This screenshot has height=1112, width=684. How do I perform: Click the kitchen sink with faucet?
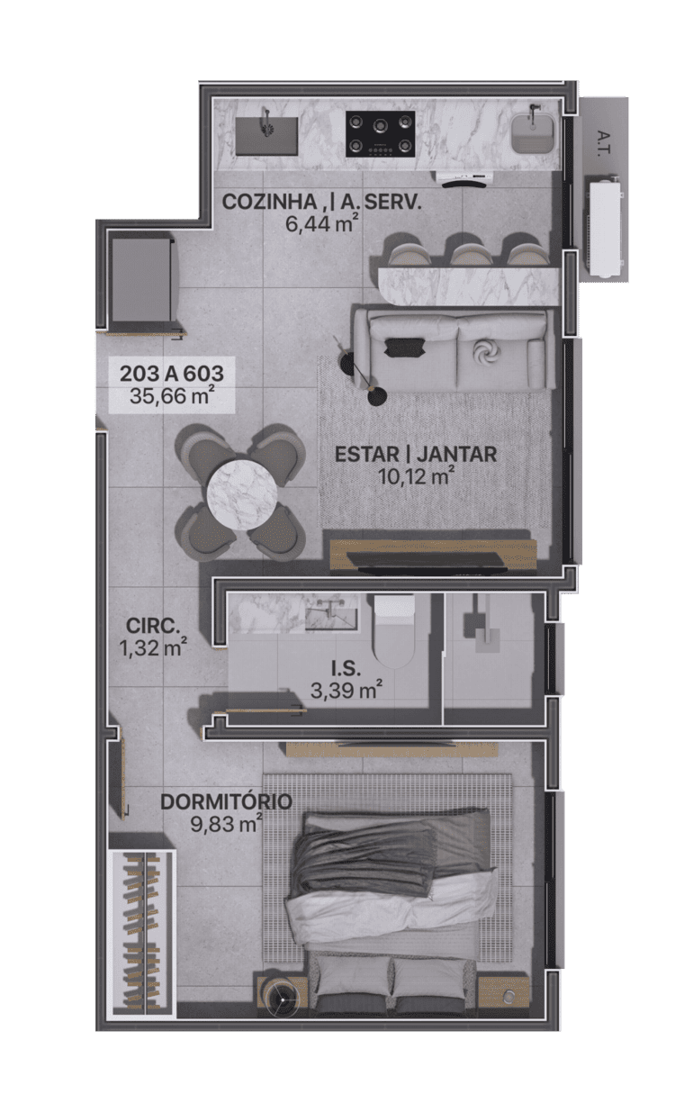click(266, 136)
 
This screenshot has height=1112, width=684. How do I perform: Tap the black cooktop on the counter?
click(380, 134)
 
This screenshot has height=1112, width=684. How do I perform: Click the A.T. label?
click(604, 143)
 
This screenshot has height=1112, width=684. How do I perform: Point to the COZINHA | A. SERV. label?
click(321, 202)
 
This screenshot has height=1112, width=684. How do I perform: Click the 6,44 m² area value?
click(321, 224)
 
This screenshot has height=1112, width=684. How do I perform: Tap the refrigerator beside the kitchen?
click(142, 281)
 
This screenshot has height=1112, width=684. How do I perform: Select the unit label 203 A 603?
click(172, 374)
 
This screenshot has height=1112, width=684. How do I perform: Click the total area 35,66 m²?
click(172, 396)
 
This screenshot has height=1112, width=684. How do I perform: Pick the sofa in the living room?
click(454, 349)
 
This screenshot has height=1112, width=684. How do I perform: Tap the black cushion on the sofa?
click(404, 347)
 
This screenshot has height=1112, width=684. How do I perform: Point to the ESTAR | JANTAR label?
click(416, 454)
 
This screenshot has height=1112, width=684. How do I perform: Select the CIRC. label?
click(153, 626)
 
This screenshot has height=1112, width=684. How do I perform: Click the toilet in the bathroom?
click(394, 631)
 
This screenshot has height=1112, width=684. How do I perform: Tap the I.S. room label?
click(346, 669)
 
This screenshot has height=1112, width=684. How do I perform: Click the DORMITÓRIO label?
click(226, 801)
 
